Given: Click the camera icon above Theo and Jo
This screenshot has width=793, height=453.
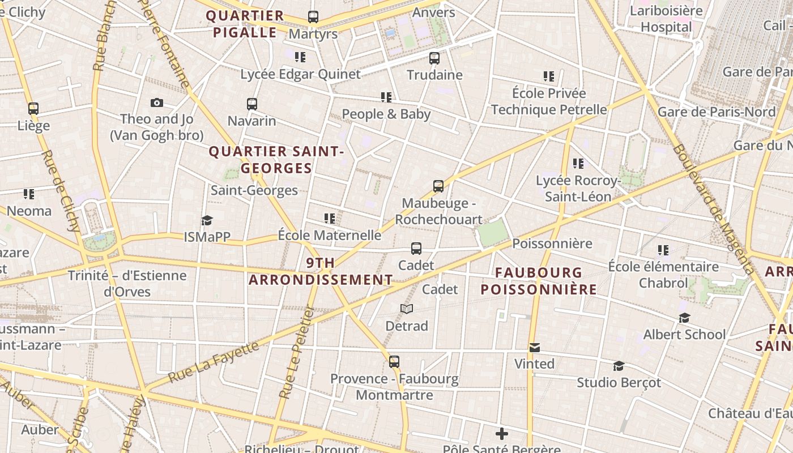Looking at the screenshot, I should pos(157,102).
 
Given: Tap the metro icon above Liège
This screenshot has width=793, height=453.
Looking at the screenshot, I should pos(33,108).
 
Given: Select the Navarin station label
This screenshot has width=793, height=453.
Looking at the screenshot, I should pos(251,121).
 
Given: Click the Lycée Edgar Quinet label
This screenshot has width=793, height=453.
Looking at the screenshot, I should pos(300,74).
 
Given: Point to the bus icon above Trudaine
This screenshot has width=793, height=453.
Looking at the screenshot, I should pos(434,58).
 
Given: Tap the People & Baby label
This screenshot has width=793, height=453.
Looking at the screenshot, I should pos(386,114).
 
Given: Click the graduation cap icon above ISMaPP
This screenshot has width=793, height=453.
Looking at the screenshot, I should pos(207,220).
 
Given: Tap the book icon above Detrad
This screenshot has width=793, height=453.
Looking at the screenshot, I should pos(407,309).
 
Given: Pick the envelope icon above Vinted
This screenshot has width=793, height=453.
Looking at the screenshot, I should pos(534,347).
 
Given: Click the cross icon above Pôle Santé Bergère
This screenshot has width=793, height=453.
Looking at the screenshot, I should pos(501,434).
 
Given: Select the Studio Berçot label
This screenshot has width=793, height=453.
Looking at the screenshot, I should pos(619,382).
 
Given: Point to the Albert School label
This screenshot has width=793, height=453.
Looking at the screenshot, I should pos(684,334).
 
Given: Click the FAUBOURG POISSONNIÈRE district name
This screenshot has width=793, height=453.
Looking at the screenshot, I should pos(539,281).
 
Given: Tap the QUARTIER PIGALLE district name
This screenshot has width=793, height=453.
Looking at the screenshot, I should pos(245,24).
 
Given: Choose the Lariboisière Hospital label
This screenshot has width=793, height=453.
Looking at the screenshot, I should pos(666,19).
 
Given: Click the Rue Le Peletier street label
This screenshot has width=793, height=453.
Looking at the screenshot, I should pos(297,351).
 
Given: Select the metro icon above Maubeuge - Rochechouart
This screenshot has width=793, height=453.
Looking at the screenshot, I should pos(438,186).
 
